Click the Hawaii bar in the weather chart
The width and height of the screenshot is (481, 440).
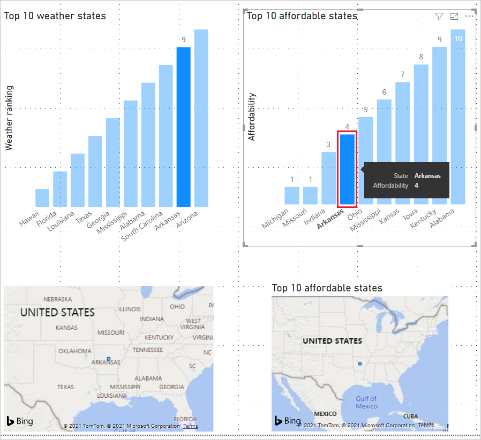[42, 198]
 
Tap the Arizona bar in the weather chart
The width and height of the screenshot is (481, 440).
[201, 118]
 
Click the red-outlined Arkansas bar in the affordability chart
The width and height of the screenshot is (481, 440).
[347, 169]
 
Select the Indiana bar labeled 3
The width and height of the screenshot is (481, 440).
[329, 178]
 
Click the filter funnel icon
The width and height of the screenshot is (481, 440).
[439, 17]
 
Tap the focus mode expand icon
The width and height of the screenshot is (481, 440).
[454, 17]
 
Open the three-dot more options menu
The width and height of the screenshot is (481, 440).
[469, 17]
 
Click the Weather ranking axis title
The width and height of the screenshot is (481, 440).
[9, 118]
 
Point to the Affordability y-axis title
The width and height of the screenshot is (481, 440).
[252, 117]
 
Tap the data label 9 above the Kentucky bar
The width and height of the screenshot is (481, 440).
[440, 40]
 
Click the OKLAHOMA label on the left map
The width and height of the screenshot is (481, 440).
[74, 351]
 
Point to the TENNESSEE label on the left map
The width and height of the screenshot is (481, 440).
[147, 350]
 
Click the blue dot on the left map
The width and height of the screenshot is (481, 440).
[108, 359]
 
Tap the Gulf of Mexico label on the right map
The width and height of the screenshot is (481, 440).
[366, 403]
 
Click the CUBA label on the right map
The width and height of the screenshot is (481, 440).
[410, 416]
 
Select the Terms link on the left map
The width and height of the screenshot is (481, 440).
[190, 426]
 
